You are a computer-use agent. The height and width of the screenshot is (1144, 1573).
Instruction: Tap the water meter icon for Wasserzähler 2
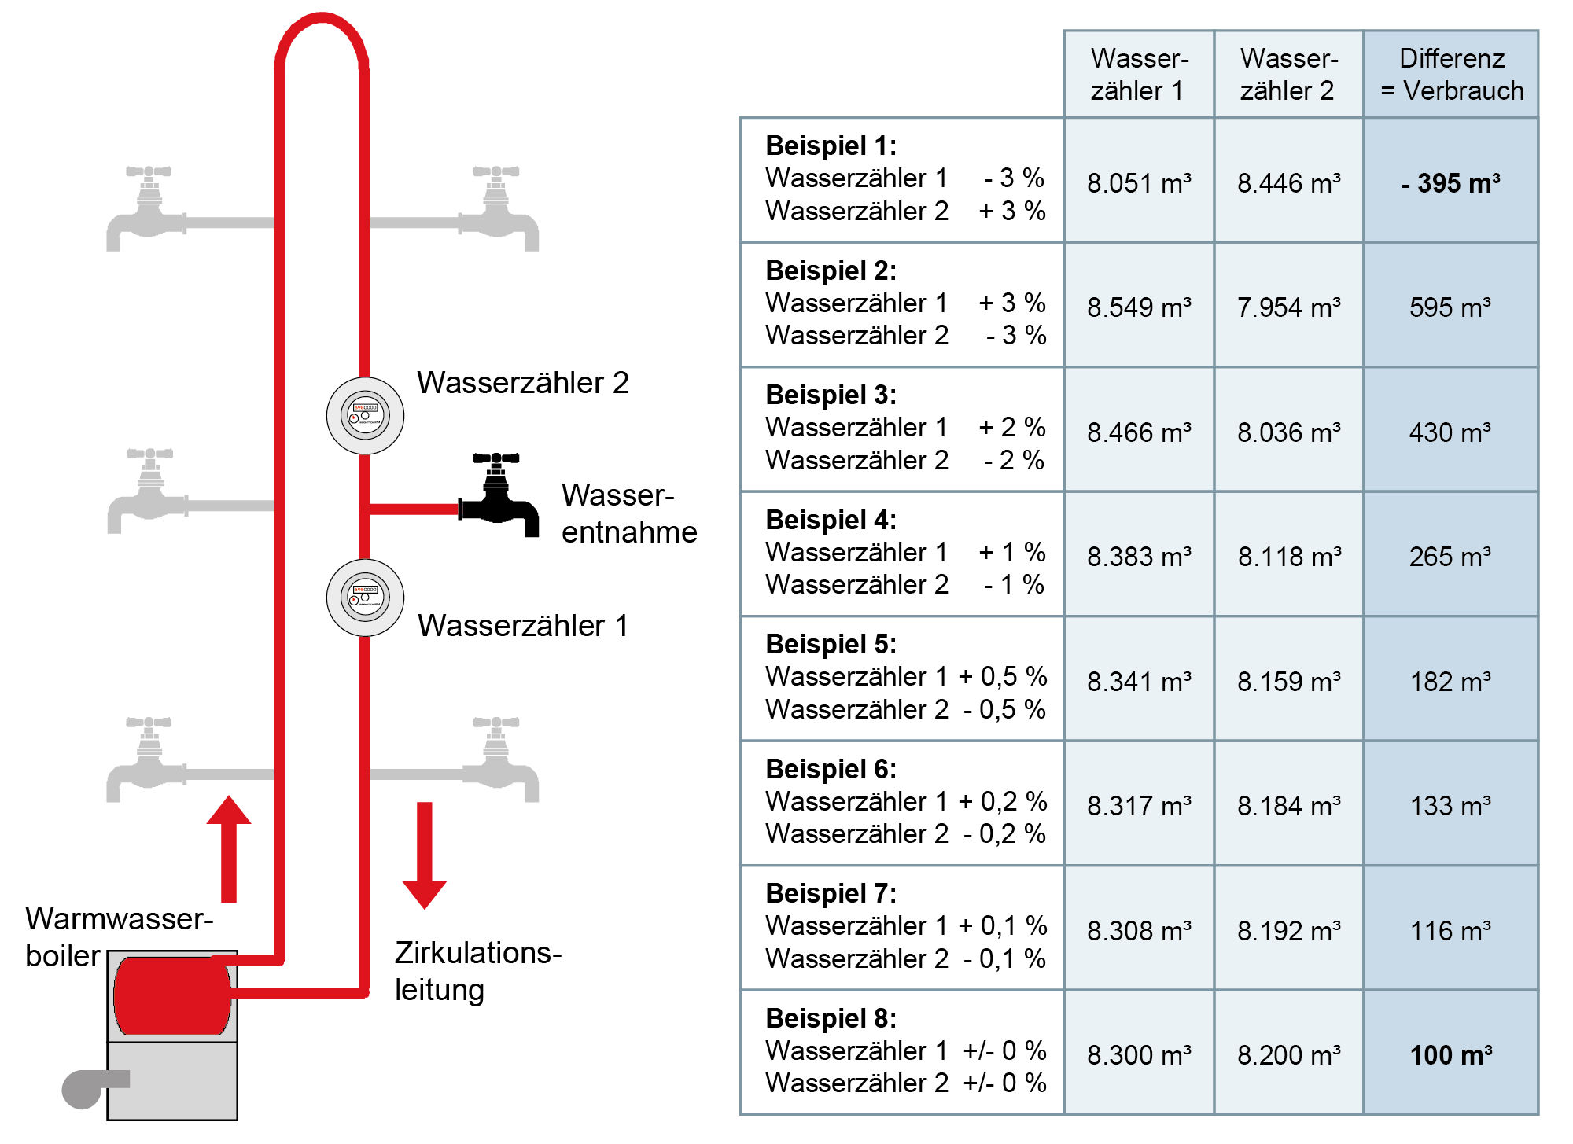coord(365,415)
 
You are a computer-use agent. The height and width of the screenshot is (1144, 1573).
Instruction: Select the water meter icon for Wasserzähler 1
coord(365,598)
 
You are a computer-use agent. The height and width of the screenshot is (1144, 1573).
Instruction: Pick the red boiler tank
coord(171,995)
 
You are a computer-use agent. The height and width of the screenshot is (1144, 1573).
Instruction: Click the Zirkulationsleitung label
coord(477,971)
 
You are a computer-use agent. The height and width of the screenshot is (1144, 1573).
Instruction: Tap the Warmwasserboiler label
coord(118,936)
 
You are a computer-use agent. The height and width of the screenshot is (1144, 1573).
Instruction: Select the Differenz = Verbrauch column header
coord(1451,75)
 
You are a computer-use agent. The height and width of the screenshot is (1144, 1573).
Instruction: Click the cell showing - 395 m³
coord(1451,183)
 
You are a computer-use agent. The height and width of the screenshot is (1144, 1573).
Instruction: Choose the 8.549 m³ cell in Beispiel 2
coord(1139,307)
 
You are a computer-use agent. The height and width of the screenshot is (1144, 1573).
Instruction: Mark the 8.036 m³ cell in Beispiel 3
coord(1289,432)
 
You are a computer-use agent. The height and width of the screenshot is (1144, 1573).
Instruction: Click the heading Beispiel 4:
coord(831,520)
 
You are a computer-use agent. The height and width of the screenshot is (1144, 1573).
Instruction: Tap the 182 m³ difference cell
coord(1451,681)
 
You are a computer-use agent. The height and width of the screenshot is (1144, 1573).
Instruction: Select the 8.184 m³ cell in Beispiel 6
coord(1289,805)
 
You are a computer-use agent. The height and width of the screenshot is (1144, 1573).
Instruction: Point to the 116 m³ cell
coord(1451,930)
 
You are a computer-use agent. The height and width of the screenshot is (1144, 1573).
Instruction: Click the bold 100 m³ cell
coord(1451,1054)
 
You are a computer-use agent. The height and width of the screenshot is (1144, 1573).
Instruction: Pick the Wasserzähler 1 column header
coord(1139,75)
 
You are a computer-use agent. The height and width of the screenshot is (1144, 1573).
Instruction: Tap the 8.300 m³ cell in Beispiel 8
coord(1139,1054)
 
